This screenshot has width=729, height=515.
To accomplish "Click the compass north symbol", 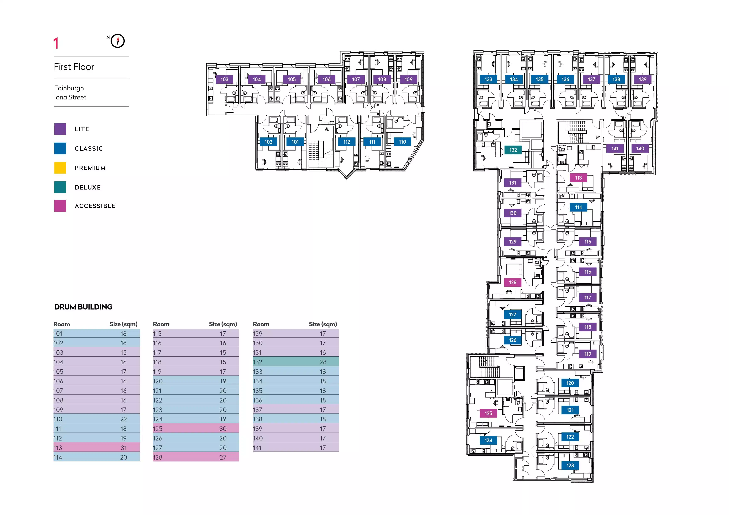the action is (x=117, y=41).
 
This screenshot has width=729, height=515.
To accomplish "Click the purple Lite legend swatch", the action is (x=60, y=129).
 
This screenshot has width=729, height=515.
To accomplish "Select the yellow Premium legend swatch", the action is (x=60, y=168).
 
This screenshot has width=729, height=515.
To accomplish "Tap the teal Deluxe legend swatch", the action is (x=60, y=187).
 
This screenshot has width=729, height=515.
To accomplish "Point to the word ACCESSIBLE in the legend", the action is (x=95, y=206).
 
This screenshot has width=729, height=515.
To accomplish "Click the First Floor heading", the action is (x=74, y=67).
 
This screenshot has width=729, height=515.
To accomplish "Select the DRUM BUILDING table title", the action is (x=83, y=307).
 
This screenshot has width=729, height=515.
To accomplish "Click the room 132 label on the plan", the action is (x=513, y=150).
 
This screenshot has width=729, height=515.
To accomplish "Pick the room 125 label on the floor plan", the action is (x=488, y=413).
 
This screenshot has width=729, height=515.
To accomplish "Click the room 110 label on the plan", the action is (x=402, y=142).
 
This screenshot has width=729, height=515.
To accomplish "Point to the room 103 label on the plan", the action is (x=224, y=79).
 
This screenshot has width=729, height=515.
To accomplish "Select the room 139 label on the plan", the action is (x=642, y=79).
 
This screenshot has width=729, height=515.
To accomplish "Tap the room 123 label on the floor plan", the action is (x=570, y=466).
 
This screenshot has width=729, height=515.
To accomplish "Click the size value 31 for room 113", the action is (x=123, y=448).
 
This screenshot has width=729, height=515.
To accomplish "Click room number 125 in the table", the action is (x=158, y=429).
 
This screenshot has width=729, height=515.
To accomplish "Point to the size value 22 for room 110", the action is (x=123, y=419).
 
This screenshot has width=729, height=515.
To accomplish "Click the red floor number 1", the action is (x=56, y=43).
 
